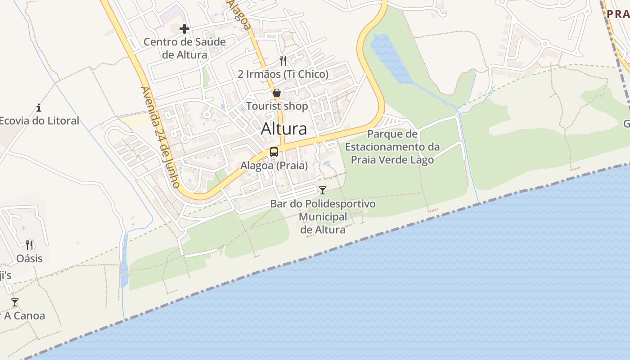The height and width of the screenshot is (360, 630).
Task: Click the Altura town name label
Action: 284,129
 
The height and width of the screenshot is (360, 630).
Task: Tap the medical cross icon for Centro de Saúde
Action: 184,29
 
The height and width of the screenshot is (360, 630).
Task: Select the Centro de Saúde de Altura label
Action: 184,49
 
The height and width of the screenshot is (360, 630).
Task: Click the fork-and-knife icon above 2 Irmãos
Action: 283,61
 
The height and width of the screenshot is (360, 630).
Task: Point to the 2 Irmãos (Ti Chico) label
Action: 283,74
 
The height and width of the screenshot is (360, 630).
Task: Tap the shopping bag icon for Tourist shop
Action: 277,93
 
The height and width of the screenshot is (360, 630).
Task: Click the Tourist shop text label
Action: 277,107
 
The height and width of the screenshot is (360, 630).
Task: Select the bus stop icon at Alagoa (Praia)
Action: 274,152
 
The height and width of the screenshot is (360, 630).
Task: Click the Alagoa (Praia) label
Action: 274,166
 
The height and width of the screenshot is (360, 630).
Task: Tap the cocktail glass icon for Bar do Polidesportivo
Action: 323,190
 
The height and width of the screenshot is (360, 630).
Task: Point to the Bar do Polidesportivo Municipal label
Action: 323,216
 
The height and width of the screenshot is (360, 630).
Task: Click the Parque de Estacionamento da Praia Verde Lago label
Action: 392,147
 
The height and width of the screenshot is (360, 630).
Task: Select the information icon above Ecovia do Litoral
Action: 39,108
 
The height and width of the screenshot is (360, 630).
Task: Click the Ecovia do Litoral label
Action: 40,121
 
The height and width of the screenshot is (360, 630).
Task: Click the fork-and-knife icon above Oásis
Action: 30,245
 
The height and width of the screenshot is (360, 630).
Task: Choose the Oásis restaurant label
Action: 30,259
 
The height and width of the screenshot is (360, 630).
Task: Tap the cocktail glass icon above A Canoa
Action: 15,302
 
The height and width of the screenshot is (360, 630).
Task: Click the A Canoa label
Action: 25,316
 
